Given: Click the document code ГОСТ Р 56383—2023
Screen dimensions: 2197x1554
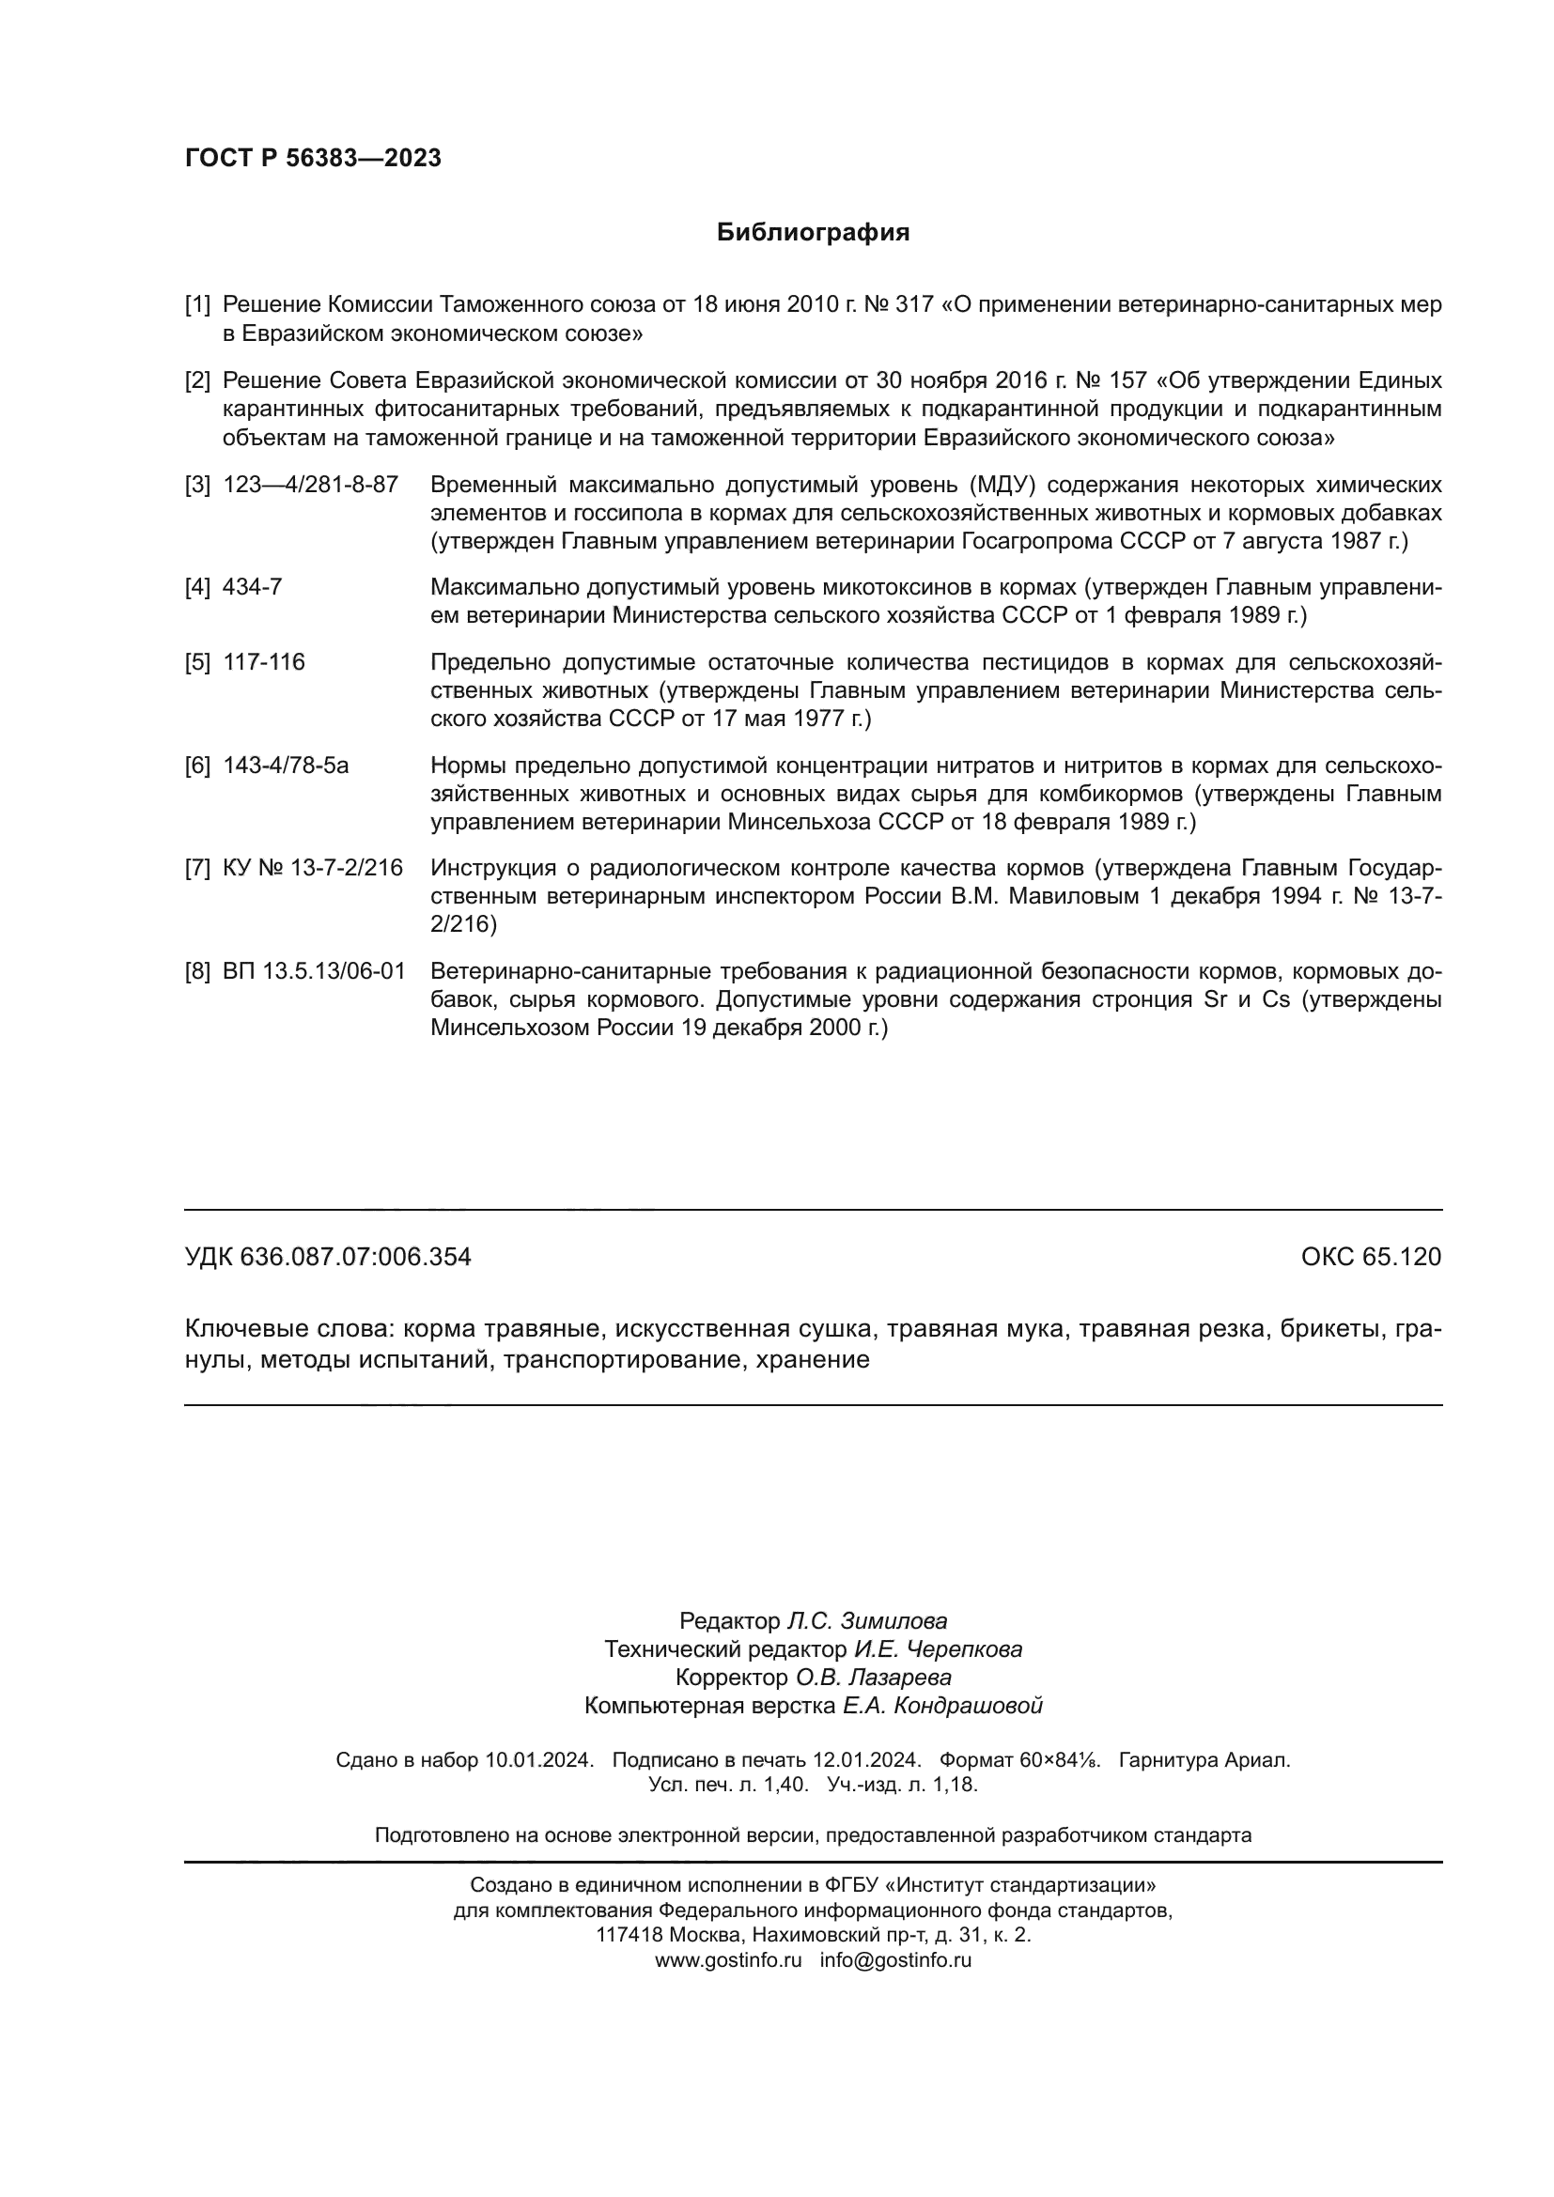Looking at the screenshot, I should coord(313,158).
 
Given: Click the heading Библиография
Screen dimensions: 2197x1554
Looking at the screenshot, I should coord(813,233).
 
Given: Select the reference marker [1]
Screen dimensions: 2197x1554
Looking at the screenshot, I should coord(197,305).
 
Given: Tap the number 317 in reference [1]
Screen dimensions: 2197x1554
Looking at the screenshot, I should coord(913,305).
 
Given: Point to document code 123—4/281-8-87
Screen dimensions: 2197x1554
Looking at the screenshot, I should coord(310,484).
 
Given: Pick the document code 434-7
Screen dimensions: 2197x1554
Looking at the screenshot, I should coord(252,586).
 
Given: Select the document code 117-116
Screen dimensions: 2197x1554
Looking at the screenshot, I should coord(263,662).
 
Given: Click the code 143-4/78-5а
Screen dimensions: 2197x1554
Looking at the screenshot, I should coord(286,766).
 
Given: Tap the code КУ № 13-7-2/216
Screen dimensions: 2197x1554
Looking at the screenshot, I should coord(312,868).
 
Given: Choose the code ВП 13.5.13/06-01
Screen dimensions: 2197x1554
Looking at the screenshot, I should coord(314,971).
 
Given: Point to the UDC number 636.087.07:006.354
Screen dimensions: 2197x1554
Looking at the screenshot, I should coord(355,1257).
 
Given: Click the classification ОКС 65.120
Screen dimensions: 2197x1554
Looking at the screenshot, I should coord(1370,1257).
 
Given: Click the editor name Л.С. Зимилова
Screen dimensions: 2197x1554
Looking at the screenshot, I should coord(866,1621).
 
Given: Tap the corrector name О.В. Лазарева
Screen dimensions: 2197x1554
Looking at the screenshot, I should coord(873,1678).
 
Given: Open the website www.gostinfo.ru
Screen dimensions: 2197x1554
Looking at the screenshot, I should coord(727,1959).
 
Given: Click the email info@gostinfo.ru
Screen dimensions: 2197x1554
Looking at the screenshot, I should coord(894,1959).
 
